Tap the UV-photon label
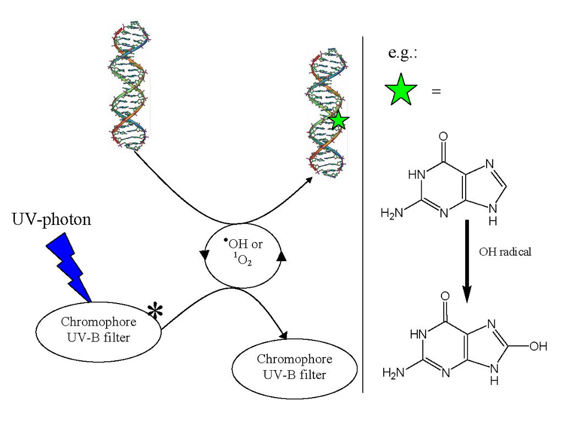[x=52, y=221]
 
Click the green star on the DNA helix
[x=339, y=120]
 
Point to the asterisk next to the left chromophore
[x=155, y=311]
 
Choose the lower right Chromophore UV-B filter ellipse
[x=295, y=367]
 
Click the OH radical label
[x=505, y=252]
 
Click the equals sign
[x=436, y=91]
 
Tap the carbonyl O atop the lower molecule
[x=444, y=295]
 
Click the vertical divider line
[x=363, y=214]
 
